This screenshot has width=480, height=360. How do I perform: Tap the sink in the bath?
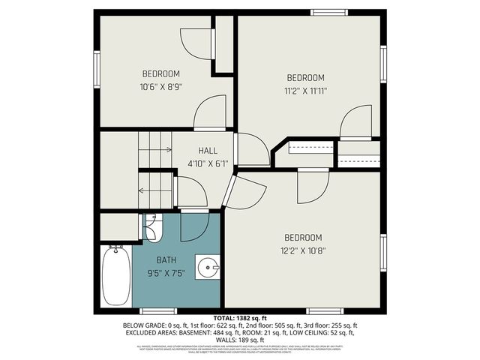point(208,266)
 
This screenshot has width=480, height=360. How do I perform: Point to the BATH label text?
point(166,260)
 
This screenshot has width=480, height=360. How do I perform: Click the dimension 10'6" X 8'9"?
point(161,86)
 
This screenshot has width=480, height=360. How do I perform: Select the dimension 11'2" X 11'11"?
point(306,90)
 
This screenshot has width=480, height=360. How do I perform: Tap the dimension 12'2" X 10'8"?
point(304,251)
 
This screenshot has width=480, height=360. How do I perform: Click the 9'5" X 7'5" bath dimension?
point(166,272)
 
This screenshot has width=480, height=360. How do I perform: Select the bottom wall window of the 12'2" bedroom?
point(325,310)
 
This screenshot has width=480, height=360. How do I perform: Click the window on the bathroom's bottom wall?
point(154,310)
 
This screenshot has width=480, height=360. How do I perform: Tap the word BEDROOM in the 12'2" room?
point(304,238)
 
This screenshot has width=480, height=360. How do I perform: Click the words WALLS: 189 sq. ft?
point(240,340)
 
